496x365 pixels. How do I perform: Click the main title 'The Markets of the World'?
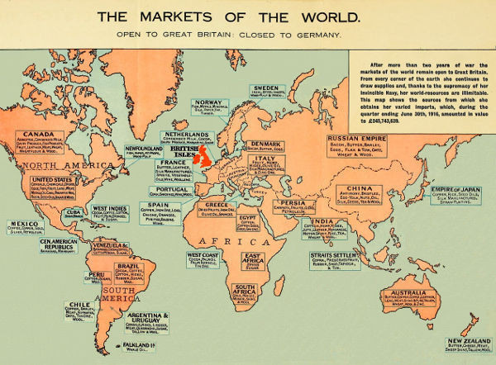tap(248, 17)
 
